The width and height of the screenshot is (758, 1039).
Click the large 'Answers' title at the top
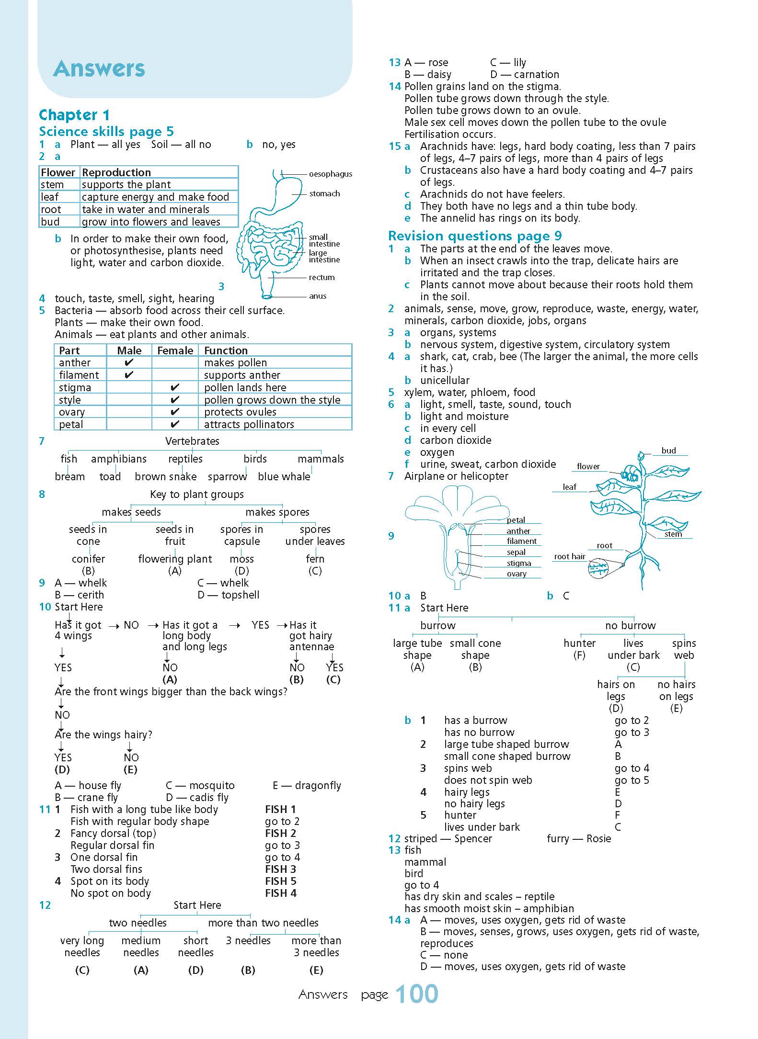[99, 68]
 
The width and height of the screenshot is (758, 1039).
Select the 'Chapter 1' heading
[74, 115]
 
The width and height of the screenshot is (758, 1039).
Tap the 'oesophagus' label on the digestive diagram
[330, 174]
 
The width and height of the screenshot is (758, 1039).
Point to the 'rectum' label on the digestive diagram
[322, 277]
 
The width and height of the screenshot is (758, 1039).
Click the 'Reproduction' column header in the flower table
[116, 172]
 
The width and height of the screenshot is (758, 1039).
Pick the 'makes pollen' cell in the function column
[235, 363]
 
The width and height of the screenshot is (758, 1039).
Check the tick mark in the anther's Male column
[128, 362]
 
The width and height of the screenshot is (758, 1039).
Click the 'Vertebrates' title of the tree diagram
[192, 441]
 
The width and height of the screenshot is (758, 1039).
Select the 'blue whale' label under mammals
[284, 476]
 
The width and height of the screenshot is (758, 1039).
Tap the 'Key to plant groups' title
[196, 494]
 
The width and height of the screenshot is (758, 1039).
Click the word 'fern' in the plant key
[315, 559]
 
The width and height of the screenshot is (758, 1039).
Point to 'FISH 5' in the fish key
[281, 881]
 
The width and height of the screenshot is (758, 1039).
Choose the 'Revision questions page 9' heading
[474, 236]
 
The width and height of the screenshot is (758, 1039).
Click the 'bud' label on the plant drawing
[668, 451]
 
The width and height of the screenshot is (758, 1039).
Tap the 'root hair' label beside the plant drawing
[570, 556]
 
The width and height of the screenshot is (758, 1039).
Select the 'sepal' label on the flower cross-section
[516, 552]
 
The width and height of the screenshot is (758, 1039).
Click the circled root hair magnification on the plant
[598, 569]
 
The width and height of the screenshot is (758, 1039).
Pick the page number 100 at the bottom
[417, 994]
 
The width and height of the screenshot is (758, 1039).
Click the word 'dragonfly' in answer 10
[318, 785]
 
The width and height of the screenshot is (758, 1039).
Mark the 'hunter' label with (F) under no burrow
[579, 643]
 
